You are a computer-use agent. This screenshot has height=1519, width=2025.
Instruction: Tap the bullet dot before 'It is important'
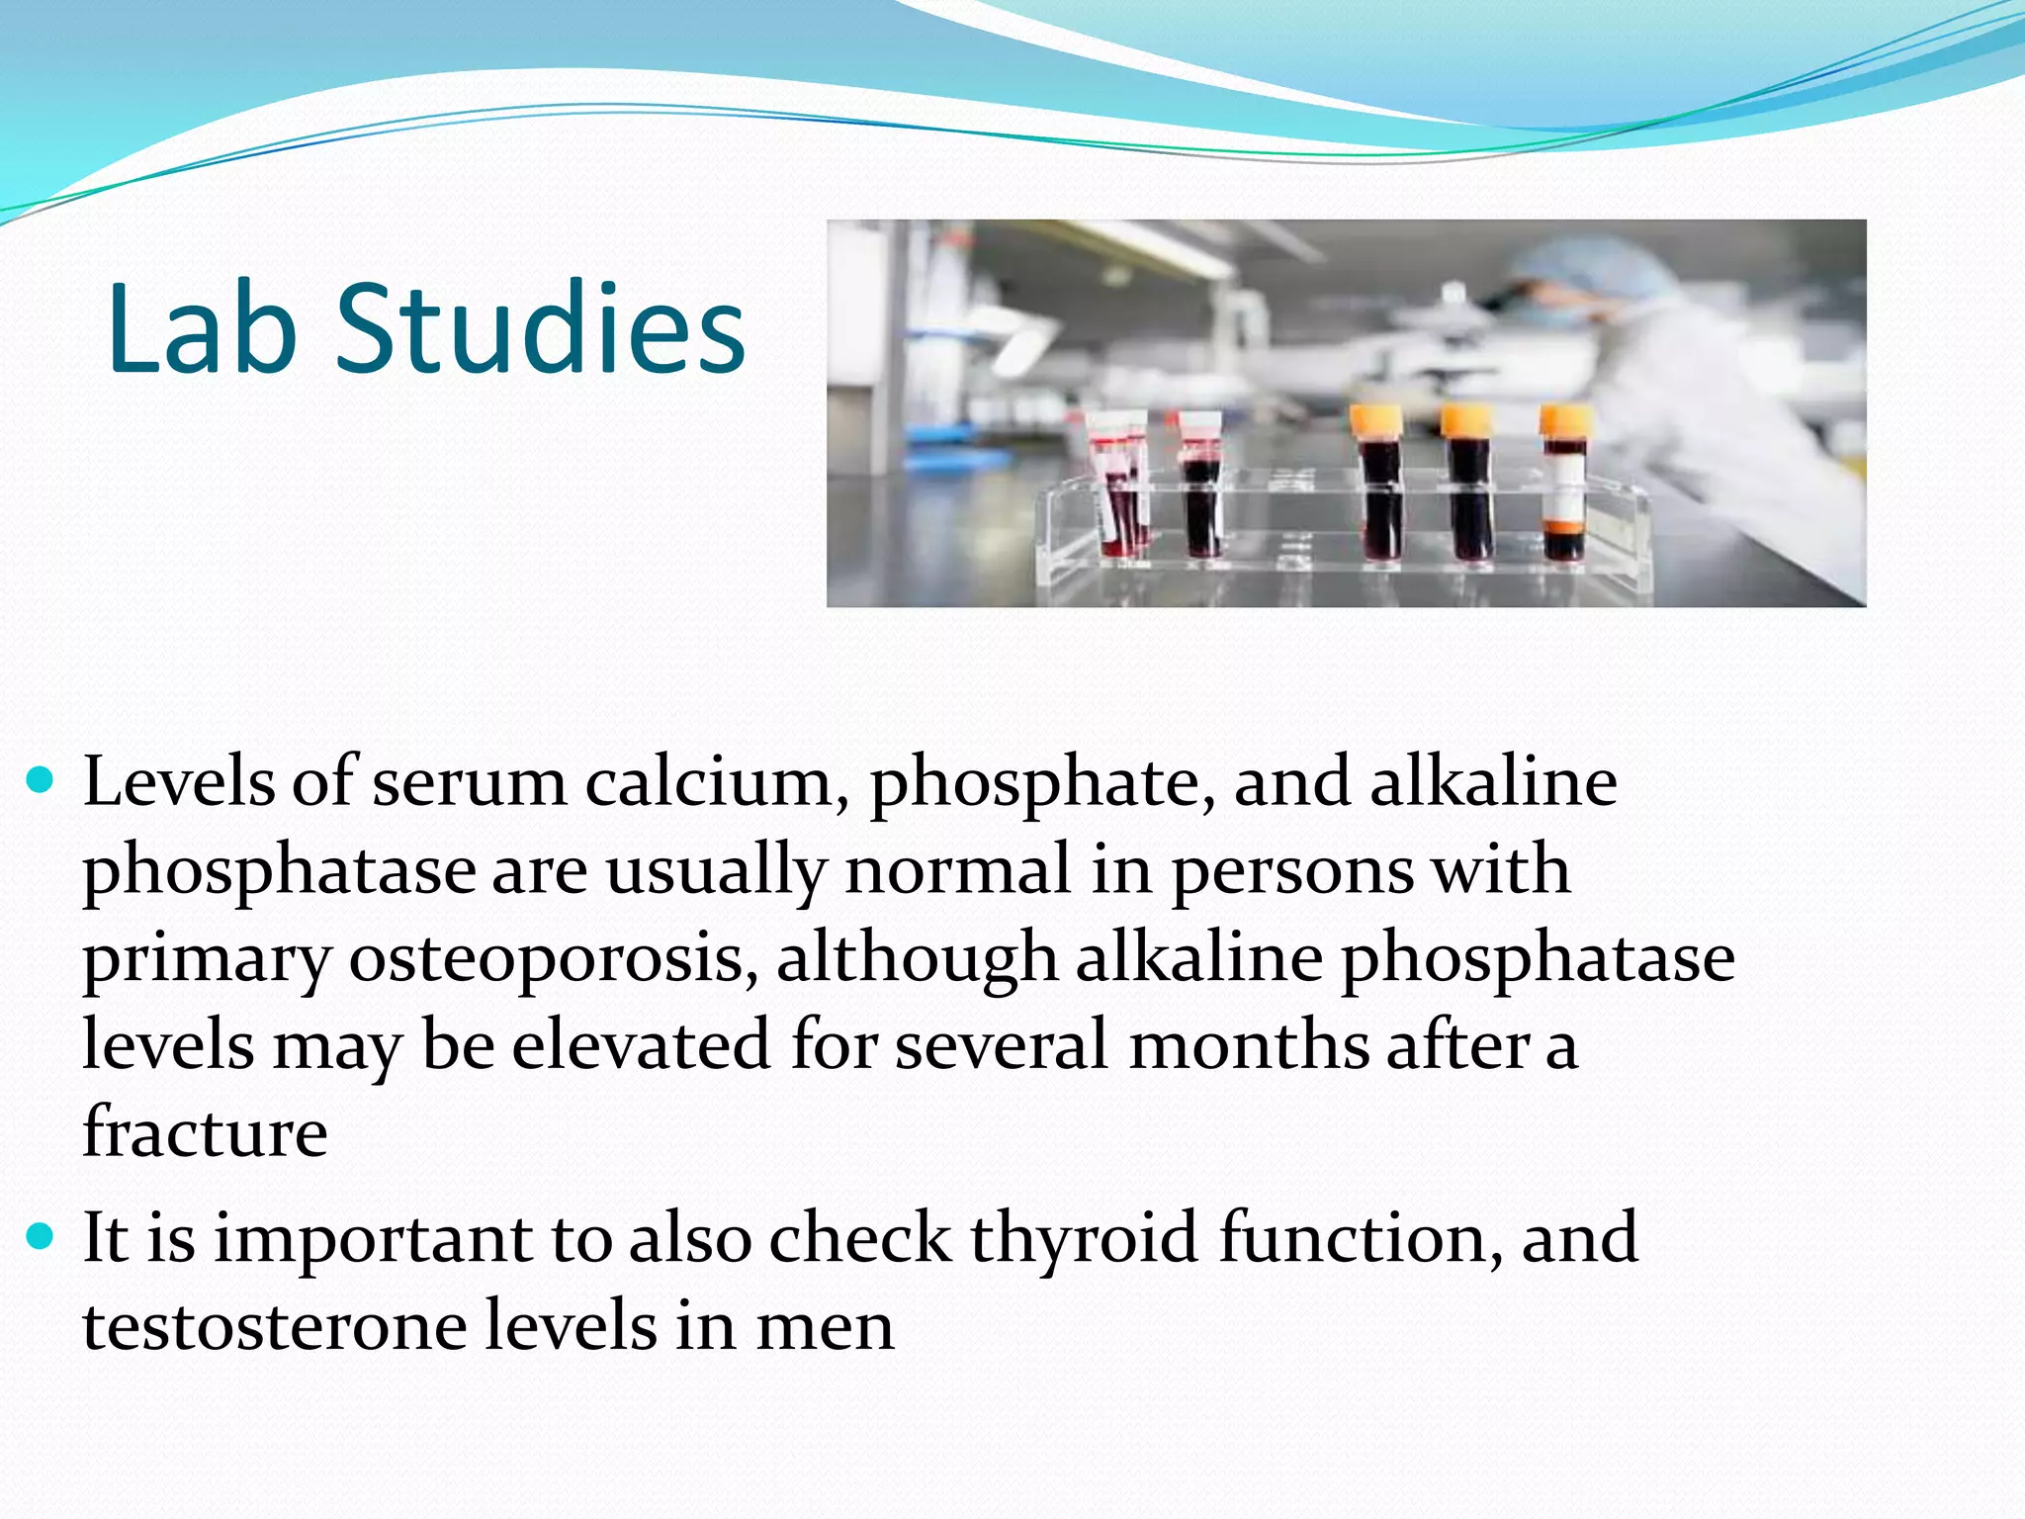pyautogui.click(x=41, y=1236)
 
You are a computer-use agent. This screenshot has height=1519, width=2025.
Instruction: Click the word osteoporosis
pyautogui.click(x=554, y=959)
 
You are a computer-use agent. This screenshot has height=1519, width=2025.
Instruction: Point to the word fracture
pyautogui.click(x=205, y=1133)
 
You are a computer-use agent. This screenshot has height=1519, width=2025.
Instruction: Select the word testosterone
pyautogui.click(x=275, y=1326)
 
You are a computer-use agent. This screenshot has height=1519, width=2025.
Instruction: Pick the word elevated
pyautogui.click(x=641, y=1046)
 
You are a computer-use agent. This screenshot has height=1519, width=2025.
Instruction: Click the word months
pyautogui.click(x=1248, y=1046)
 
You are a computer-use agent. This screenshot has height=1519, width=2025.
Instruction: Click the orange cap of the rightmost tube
pyautogui.click(x=1566, y=420)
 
